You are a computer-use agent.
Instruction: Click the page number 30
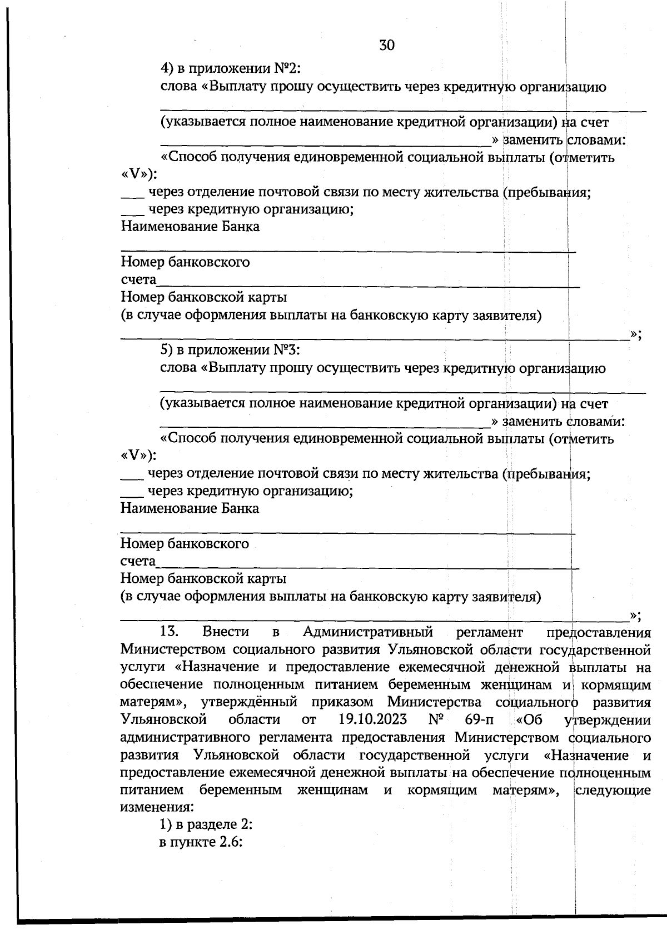pos(387,45)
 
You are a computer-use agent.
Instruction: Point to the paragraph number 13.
pos(169,632)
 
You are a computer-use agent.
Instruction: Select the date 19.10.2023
pos(372,720)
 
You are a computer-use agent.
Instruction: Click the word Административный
pos(368,632)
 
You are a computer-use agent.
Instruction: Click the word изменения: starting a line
pos(157,807)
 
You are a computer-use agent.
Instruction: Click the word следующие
pos(613,790)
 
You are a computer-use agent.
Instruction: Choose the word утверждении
pos(608,720)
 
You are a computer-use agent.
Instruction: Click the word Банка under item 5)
pos(240,508)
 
